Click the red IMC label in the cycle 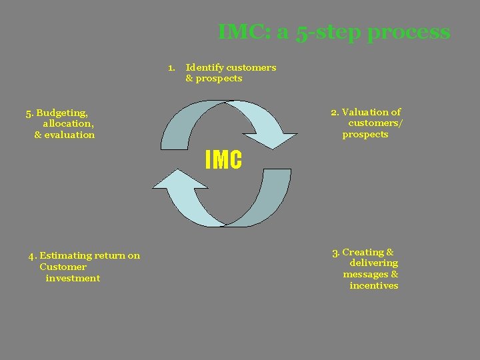(x=223, y=160)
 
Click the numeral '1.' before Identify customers (x=171, y=67)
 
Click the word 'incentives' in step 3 (x=373, y=286)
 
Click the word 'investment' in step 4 (x=73, y=278)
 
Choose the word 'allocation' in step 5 (x=67, y=123)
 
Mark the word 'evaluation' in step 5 (x=69, y=135)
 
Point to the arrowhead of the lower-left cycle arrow (x=170, y=181)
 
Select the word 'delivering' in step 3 (x=373, y=263)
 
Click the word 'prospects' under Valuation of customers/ (x=365, y=135)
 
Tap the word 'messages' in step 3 (x=365, y=275)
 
